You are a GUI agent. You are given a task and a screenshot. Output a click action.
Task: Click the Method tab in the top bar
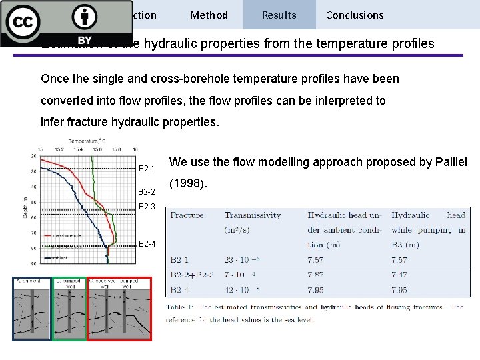[x=209, y=15]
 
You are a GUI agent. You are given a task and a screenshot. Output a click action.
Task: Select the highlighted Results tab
[x=279, y=15]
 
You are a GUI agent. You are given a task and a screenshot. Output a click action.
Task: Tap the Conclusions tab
[x=355, y=15]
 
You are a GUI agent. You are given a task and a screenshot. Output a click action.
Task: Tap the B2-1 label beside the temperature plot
[x=147, y=168]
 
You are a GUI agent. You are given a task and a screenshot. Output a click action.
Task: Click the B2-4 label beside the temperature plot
[x=147, y=244]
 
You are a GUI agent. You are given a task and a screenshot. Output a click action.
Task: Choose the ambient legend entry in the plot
[x=55, y=257]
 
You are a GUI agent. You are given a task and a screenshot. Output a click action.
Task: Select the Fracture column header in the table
[x=187, y=215]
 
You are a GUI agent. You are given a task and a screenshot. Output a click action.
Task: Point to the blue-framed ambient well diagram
[x=31, y=308]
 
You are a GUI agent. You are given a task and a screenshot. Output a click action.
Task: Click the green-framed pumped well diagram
[x=69, y=308]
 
